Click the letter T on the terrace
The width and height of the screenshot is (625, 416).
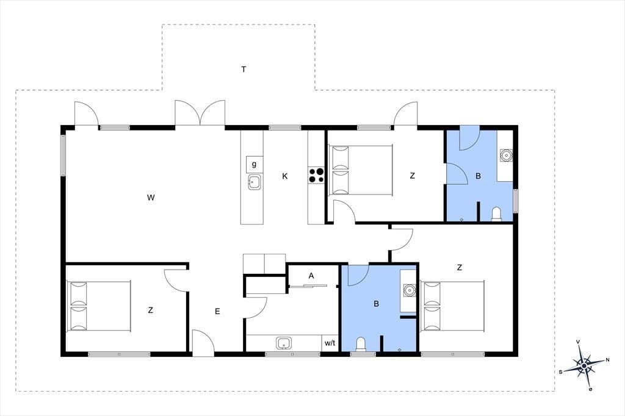[x=244, y=70]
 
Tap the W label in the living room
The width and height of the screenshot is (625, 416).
[x=151, y=197]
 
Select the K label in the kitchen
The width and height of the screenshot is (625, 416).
[x=284, y=176]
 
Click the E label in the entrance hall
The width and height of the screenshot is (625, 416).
[x=217, y=311]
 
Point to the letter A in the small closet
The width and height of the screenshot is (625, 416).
[x=311, y=275]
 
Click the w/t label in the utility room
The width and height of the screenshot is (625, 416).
[x=330, y=343]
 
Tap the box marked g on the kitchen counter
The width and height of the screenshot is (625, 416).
[x=255, y=164]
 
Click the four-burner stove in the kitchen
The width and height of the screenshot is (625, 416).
[x=317, y=176]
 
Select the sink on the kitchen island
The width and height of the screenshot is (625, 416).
[x=255, y=182]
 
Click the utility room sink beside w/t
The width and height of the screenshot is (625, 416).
[x=283, y=343]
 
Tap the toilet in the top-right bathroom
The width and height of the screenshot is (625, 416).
[x=497, y=214]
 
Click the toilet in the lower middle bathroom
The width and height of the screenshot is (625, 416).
[x=360, y=345]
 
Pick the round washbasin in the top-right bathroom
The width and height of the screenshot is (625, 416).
[x=506, y=155]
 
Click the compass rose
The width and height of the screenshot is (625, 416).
[x=584, y=365]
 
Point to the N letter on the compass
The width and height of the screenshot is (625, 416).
[x=607, y=360]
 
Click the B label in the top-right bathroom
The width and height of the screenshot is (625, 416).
[x=478, y=176]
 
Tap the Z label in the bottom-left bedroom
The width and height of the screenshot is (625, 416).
[x=150, y=310]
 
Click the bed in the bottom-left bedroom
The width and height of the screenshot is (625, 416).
[x=99, y=306]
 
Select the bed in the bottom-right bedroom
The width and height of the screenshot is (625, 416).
[x=453, y=306]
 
